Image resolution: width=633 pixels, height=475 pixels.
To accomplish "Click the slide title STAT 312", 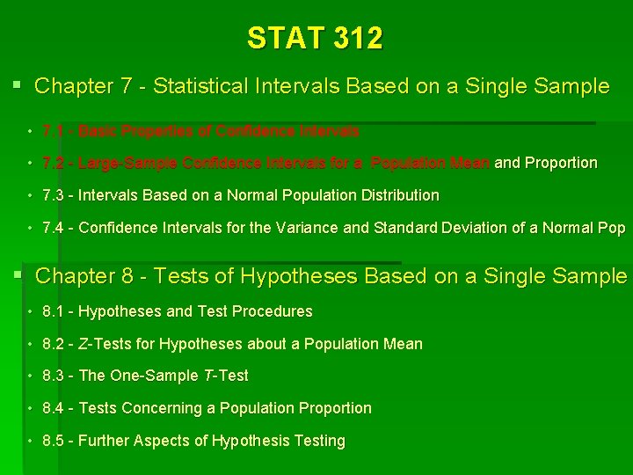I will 315,39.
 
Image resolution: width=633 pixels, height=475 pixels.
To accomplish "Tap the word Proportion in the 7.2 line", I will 561,163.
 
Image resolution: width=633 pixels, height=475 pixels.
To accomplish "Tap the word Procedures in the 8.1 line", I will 275,311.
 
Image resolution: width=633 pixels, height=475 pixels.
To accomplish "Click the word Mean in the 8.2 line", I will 404,344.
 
